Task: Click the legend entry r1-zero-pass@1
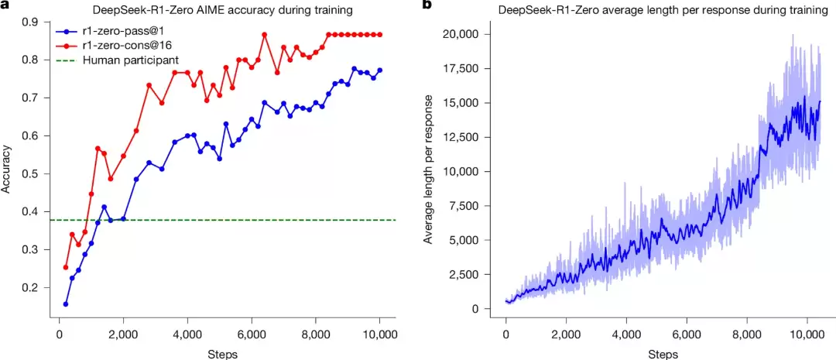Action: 118,33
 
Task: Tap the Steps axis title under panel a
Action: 222,354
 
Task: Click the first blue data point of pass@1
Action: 66,304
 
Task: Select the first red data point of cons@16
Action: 66,267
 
